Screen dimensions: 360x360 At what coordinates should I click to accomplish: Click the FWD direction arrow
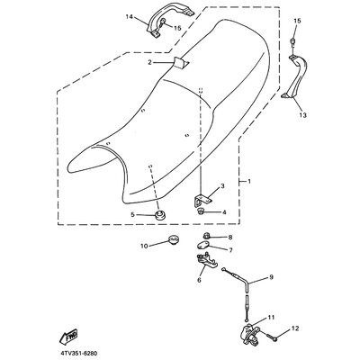coord(68,337)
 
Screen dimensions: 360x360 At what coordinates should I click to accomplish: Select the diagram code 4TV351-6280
coord(78,354)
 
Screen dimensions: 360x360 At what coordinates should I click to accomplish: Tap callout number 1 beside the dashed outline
coord(249,181)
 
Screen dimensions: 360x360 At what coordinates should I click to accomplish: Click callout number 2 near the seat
coord(150,62)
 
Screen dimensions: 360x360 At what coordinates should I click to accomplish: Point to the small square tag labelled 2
coord(181,62)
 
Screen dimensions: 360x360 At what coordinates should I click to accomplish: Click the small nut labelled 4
coord(201,211)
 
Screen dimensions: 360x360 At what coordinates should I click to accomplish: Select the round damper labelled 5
coord(160,214)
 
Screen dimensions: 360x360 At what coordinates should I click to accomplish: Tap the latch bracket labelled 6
coord(206,260)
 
